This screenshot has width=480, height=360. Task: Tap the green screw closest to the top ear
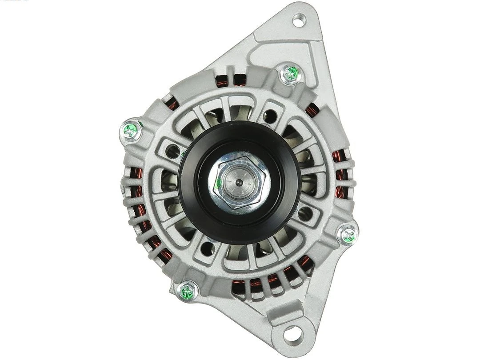click(291, 74)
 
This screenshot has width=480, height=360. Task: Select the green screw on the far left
click(131, 130)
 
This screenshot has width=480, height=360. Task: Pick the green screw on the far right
click(348, 236)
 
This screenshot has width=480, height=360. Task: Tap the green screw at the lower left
click(187, 292)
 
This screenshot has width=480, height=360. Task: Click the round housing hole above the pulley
click(270, 117)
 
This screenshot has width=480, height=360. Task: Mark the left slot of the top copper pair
click(221, 81)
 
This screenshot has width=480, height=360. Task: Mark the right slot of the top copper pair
click(240, 80)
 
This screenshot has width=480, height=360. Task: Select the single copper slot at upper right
click(312, 109)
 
